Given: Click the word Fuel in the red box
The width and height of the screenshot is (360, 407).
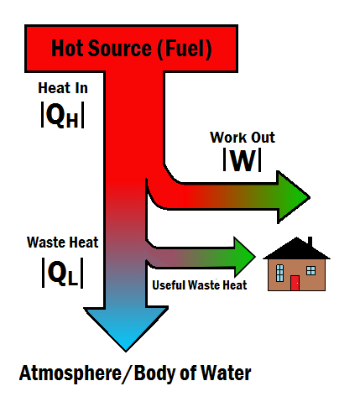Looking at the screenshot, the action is [x=185, y=49].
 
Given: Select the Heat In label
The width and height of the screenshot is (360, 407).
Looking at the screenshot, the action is [x=63, y=88].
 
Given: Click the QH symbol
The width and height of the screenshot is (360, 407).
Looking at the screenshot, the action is [x=63, y=115].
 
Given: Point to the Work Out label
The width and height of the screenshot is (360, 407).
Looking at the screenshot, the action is [x=243, y=138].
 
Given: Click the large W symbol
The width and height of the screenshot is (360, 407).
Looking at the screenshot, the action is [x=243, y=160].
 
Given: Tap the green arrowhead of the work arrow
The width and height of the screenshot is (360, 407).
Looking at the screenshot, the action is [x=293, y=197].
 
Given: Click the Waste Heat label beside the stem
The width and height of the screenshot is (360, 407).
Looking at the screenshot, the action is [x=63, y=243].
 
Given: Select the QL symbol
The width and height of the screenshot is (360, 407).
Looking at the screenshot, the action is [x=63, y=273].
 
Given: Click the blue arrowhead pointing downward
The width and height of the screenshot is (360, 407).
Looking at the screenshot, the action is [x=126, y=327].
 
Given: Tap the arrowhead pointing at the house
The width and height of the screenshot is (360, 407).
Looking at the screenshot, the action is [x=244, y=257].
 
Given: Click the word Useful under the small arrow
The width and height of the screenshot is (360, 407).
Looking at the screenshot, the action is [x=169, y=285].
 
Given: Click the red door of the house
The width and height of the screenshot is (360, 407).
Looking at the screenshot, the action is [x=295, y=283].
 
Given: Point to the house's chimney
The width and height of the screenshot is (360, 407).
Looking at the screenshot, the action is [x=310, y=243].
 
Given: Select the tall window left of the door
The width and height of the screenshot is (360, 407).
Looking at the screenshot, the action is [x=279, y=273].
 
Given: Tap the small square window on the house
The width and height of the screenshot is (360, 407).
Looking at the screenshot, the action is [x=310, y=270].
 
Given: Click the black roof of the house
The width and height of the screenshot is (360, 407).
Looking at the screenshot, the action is [x=296, y=250].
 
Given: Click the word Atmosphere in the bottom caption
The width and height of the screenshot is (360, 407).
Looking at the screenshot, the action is [x=70, y=373].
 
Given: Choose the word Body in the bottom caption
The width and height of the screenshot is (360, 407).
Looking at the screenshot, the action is [x=154, y=373].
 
